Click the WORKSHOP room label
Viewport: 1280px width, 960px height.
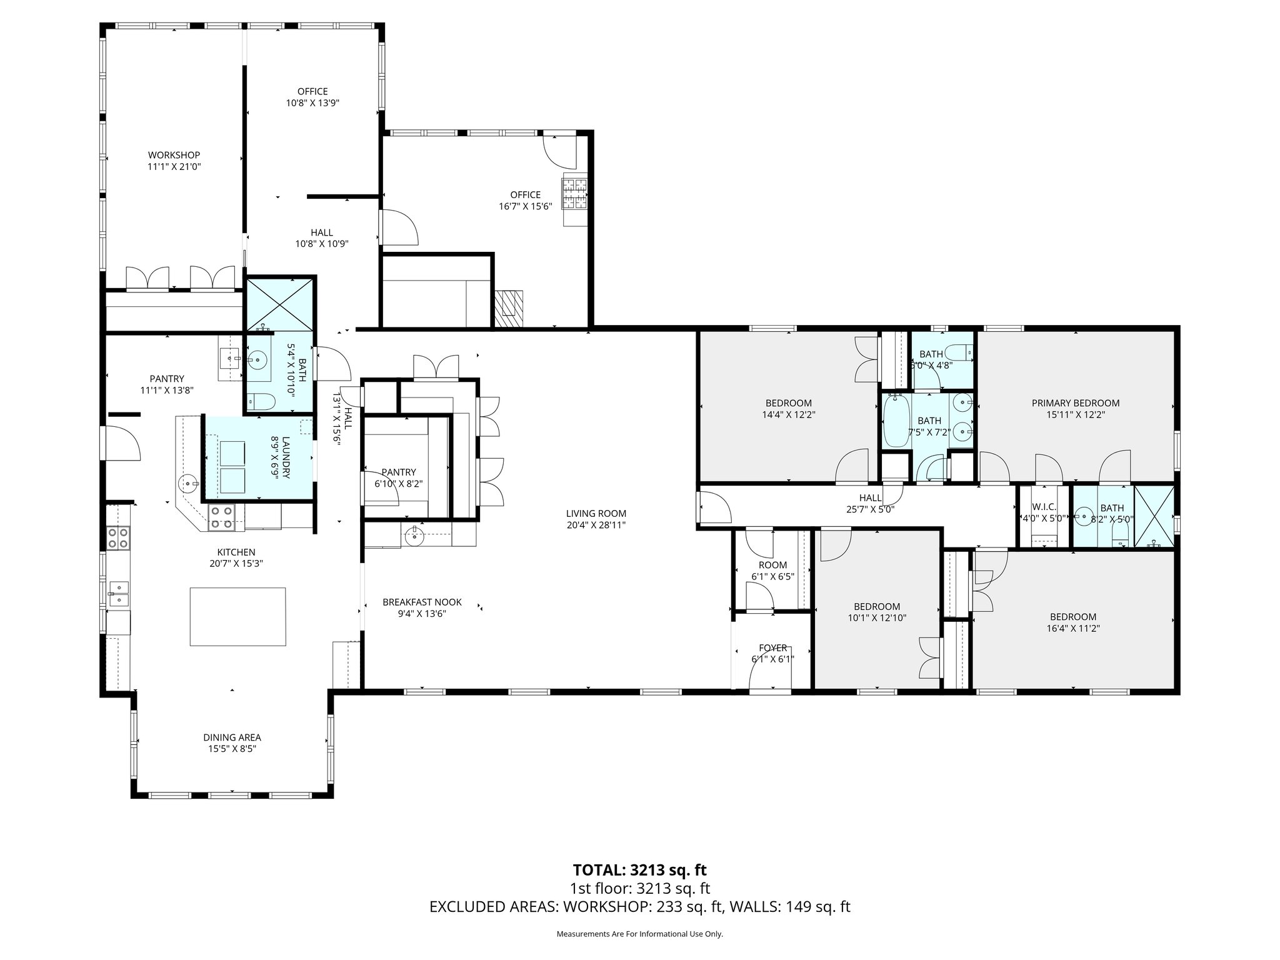(174, 155)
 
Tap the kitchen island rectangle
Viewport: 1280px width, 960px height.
(237, 616)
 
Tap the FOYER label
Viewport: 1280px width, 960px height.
(772, 648)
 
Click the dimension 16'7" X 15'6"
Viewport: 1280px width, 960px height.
(525, 206)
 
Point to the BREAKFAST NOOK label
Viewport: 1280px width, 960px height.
(422, 602)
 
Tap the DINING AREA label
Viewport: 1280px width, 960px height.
(232, 737)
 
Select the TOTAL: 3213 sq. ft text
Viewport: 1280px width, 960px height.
(639, 870)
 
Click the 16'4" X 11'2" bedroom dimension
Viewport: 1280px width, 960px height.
(1072, 628)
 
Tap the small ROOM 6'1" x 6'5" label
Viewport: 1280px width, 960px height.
(772, 565)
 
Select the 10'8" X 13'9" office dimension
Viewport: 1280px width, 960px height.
(312, 103)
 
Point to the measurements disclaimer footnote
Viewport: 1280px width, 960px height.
(639, 934)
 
